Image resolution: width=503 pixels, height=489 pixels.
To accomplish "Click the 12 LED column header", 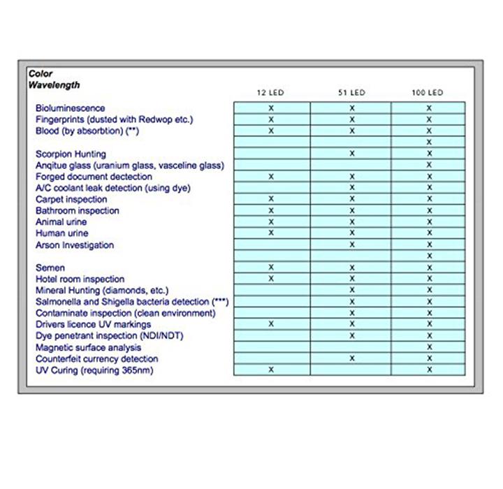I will [271, 92].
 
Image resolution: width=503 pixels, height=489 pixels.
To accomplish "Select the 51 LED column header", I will [352, 92].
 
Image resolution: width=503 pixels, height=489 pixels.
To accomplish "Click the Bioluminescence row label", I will [70, 108].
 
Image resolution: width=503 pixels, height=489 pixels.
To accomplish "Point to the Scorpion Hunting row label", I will [71, 154].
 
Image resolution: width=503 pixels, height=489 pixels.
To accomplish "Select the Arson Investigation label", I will [75, 245].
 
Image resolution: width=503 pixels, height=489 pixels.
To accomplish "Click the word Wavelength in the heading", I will [54, 85].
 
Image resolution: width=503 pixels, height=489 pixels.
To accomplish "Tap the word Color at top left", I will [41, 73].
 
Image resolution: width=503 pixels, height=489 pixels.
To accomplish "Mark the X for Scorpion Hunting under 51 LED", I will [352, 153].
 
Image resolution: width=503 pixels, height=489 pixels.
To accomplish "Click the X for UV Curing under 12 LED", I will [271, 370].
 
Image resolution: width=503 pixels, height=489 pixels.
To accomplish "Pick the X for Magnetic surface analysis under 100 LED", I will [429, 346].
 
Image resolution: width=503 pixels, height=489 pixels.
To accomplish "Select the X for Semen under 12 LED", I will [271, 268].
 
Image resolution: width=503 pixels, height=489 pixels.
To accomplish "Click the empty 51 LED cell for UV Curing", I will [352, 370].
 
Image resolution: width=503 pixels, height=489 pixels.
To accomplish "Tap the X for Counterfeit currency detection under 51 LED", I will [352, 358].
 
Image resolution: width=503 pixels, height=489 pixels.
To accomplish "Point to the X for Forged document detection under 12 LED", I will [271, 177].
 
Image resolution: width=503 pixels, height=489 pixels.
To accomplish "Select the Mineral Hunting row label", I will [102, 290].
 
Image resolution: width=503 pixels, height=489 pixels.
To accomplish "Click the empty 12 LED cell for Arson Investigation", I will [271, 245].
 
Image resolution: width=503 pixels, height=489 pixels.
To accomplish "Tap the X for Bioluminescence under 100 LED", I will [429, 108].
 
